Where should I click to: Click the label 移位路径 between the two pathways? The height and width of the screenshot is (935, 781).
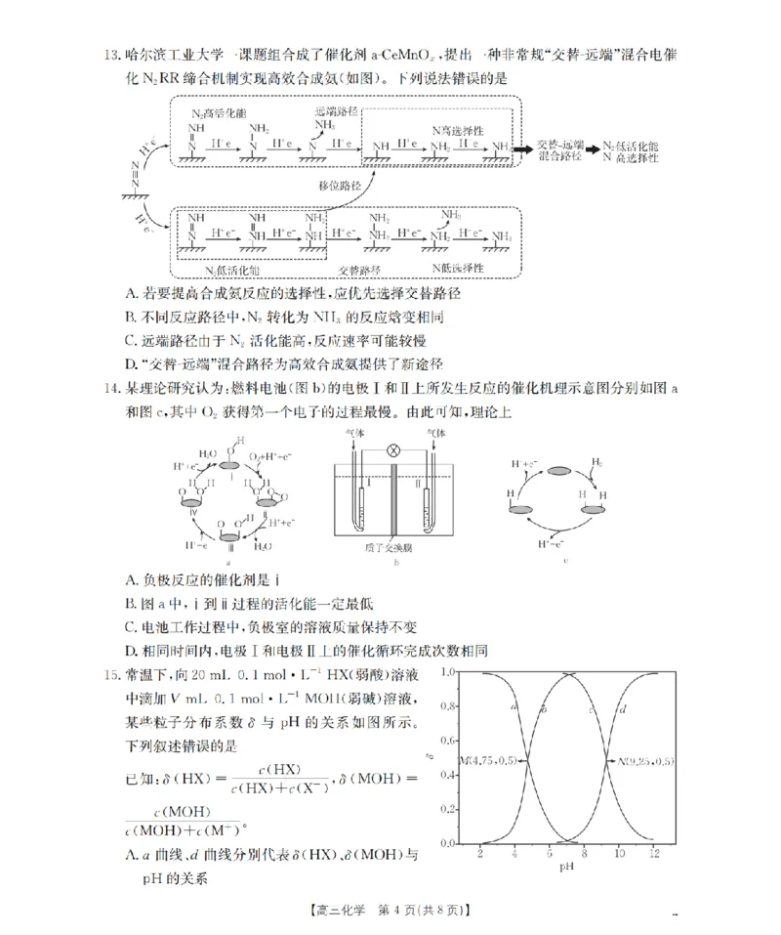pos(339,186)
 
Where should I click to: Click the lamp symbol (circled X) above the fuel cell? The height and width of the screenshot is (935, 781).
pos(395,449)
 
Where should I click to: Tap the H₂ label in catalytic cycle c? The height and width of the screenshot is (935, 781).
pos(596,460)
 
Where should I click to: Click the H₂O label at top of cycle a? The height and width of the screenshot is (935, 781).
pos(207,453)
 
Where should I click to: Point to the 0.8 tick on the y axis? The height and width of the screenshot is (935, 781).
pos(447,706)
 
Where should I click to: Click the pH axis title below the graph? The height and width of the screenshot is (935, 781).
pos(566,867)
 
